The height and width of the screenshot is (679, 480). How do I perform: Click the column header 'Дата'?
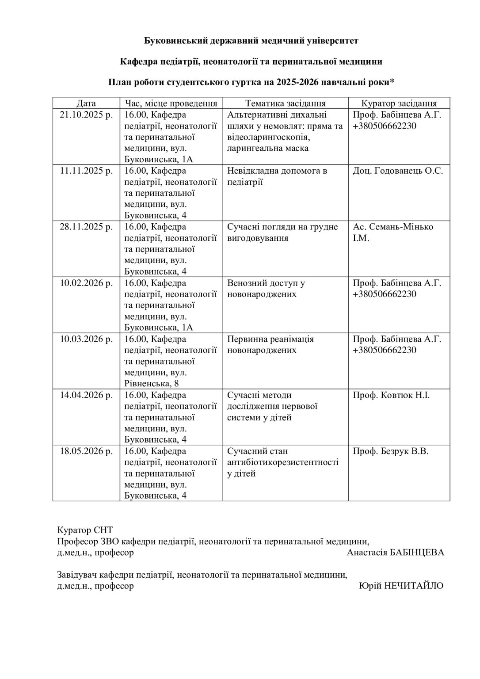coord(86,103)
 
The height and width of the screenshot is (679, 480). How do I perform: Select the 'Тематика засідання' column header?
coord(285,103)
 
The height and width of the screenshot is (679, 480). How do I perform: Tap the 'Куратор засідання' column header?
coord(399,103)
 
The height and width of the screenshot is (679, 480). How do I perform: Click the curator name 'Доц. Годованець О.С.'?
coord(398,171)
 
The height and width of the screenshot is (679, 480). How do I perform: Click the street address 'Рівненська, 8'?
coord(152,384)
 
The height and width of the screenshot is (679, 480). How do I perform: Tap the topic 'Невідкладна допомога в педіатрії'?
coord(277,176)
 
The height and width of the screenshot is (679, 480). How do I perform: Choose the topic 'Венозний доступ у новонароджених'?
coord(266,289)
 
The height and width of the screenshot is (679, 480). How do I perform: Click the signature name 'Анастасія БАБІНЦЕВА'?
coord(395,553)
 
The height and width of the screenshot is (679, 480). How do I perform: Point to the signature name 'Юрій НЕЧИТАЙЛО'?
coord(401,586)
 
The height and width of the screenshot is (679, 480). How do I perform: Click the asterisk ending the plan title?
coord(392,82)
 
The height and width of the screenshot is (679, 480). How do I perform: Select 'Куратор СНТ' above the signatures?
coord(85,530)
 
